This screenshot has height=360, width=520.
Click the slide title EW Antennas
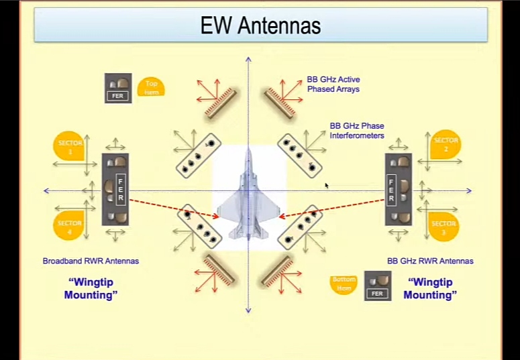[x=260, y=25]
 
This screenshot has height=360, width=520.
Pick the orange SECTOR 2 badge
[x=445, y=144]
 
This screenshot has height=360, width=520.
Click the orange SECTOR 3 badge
[x=444, y=227]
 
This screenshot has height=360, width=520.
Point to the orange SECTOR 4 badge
[x=69, y=225]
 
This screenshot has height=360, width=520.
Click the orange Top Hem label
[x=151, y=87]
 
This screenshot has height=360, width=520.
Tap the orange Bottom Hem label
[x=344, y=284]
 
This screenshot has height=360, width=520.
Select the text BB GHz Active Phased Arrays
[x=333, y=84]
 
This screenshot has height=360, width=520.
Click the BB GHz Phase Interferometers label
[x=356, y=130]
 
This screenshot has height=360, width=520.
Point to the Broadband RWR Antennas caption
[x=91, y=261]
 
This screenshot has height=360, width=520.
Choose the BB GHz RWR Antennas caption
[x=430, y=261]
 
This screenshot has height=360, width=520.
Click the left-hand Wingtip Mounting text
[x=91, y=289]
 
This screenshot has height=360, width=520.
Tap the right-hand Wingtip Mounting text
[x=429, y=289]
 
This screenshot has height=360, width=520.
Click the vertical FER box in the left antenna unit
[x=121, y=190]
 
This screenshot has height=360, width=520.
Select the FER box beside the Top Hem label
[x=117, y=96]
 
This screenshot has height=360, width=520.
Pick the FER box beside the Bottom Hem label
[x=378, y=293]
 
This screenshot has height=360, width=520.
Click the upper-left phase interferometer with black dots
[x=198, y=155]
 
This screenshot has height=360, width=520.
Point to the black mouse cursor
[x=327, y=186]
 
